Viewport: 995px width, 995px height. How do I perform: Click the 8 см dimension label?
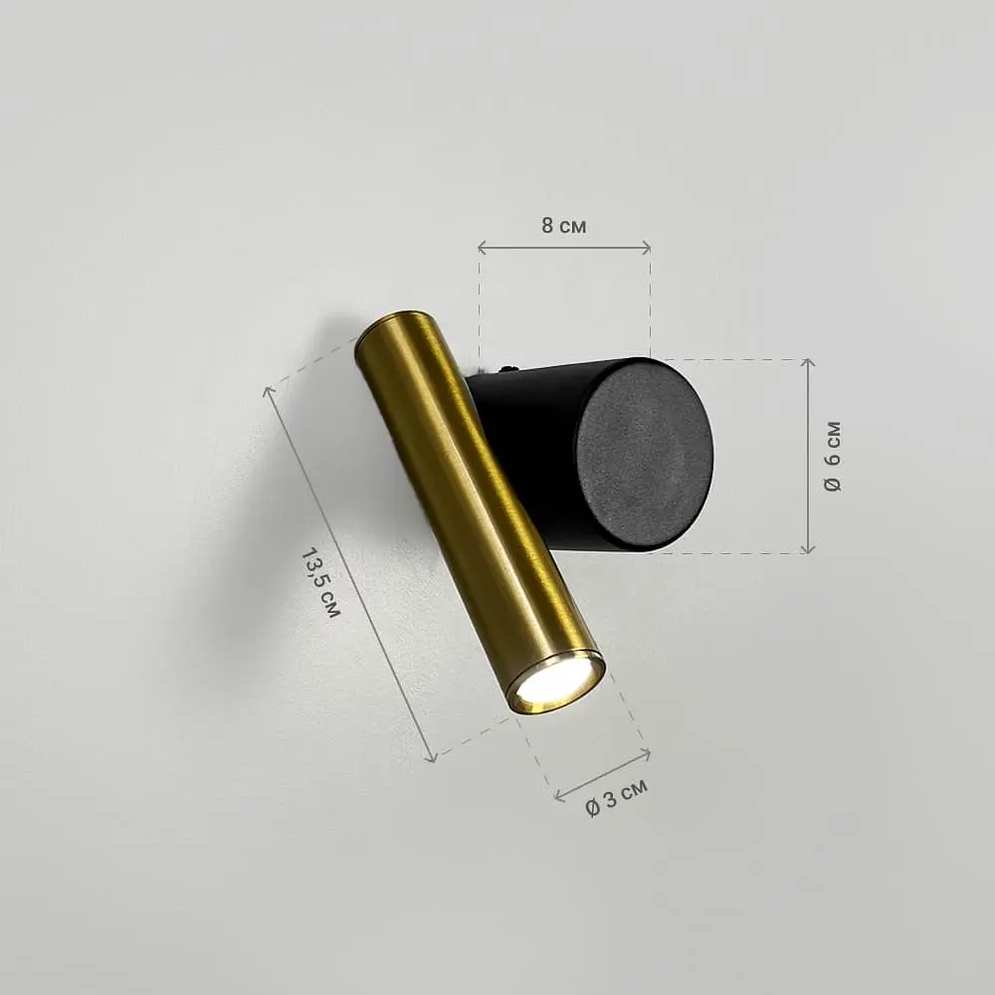click(x=563, y=225)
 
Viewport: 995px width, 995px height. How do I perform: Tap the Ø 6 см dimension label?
click(x=833, y=457)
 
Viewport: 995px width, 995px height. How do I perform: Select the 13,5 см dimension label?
click(x=320, y=582)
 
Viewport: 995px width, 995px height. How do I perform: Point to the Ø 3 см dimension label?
click(x=616, y=797)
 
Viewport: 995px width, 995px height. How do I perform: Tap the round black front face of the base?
click(x=644, y=456)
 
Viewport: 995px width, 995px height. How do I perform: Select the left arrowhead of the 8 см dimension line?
click(x=482, y=248)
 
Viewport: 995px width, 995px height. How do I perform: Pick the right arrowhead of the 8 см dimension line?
click(x=646, y=248)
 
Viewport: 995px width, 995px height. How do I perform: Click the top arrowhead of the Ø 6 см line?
click(x=807, y=362)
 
